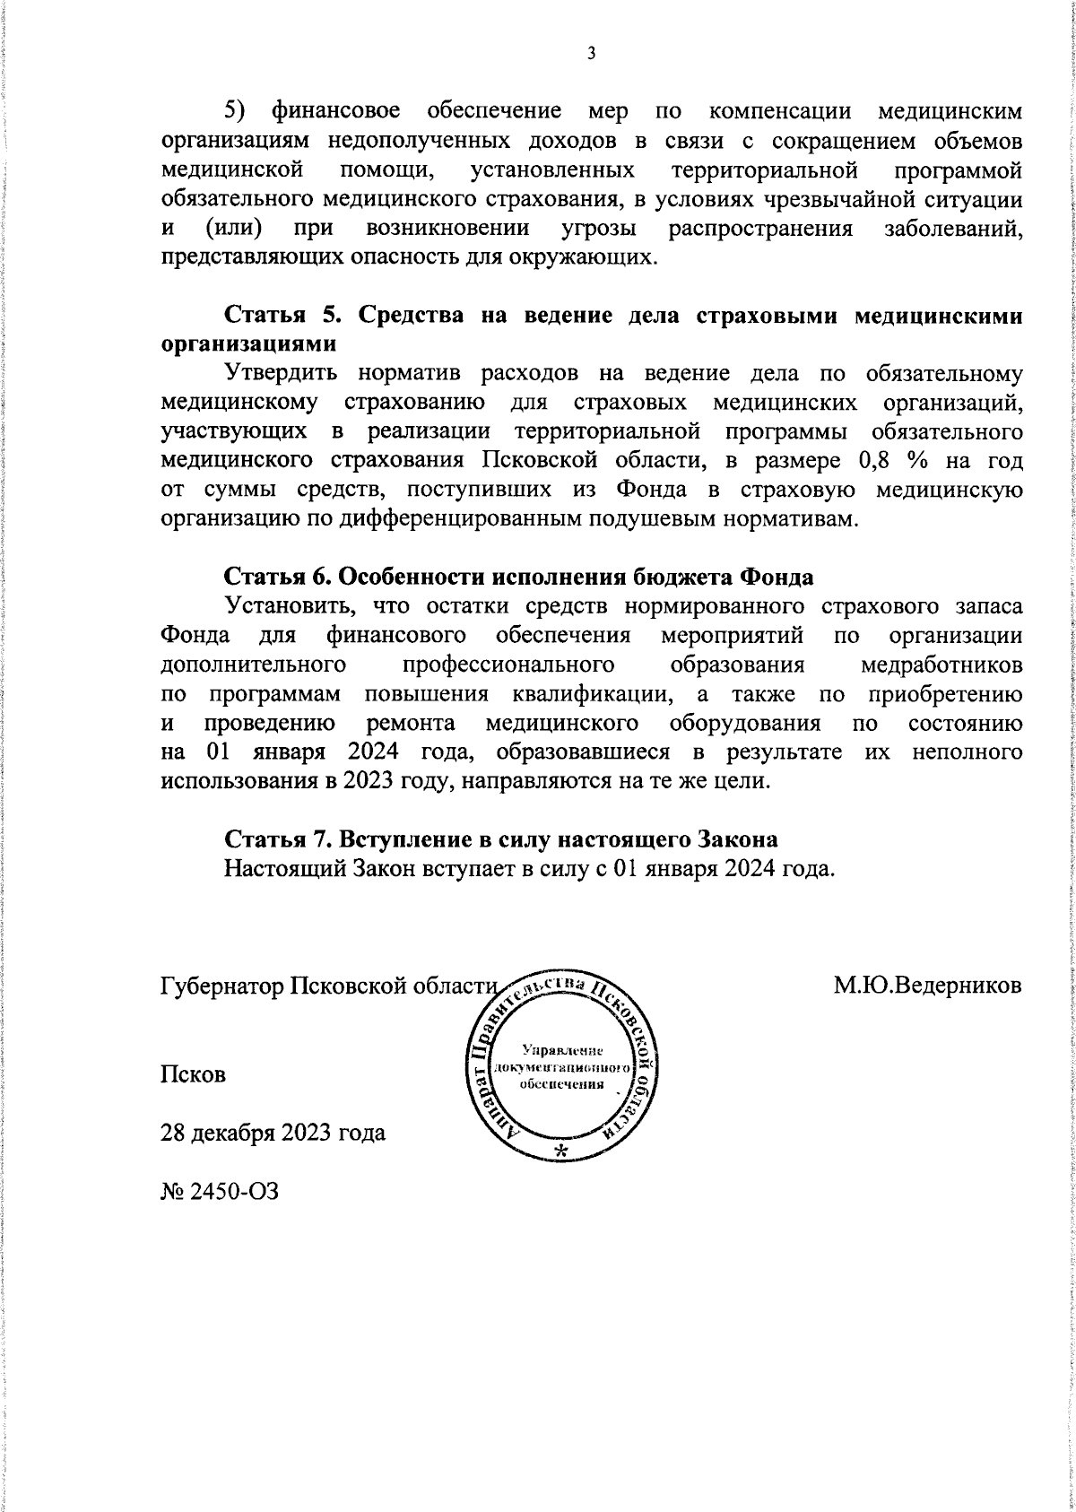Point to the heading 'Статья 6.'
click(x=279, y=575)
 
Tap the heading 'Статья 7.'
click(x=279, y=839)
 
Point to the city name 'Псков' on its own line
click(x=193, y=1074)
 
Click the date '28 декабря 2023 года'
click(x=273, y=1133)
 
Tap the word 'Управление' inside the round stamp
click(x=562, y=1050)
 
